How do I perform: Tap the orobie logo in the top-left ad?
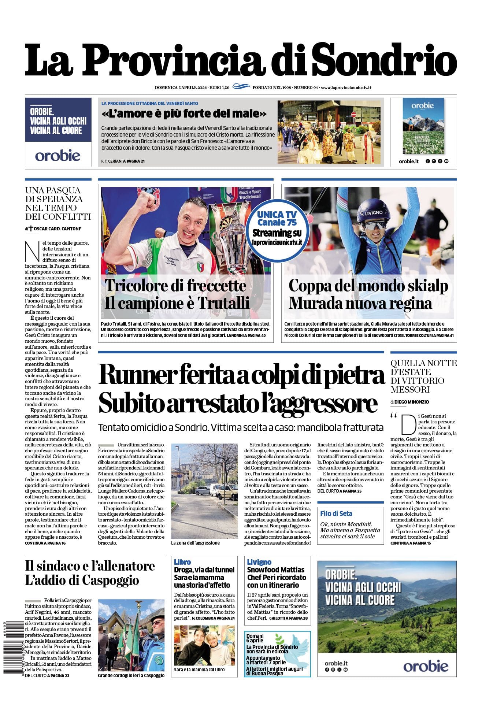click(58, 155)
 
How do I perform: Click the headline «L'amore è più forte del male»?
click(184, 114)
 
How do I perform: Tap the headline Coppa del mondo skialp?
click(368, 286)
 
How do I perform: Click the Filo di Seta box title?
click(336, 513)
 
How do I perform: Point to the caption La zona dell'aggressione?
click(195, 543)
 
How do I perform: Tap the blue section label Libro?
click(182, 562)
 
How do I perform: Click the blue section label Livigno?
click(259, 562)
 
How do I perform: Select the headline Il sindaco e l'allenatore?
click(90, 566)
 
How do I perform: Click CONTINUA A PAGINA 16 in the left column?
click(45, 543)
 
